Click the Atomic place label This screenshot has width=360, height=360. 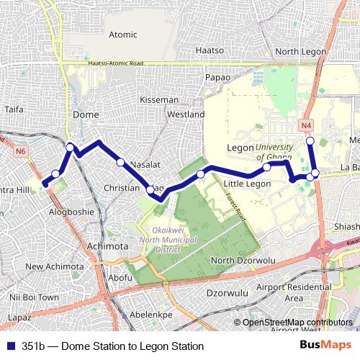[122, 34]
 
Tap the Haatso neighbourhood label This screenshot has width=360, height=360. [210, 51]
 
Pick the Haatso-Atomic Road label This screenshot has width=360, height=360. [115, 63]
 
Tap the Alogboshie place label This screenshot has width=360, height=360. [71, 212]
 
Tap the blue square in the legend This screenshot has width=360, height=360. [12, 346]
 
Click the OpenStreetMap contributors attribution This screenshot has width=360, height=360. [298, 323]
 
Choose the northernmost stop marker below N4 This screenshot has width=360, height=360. [310, 140]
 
